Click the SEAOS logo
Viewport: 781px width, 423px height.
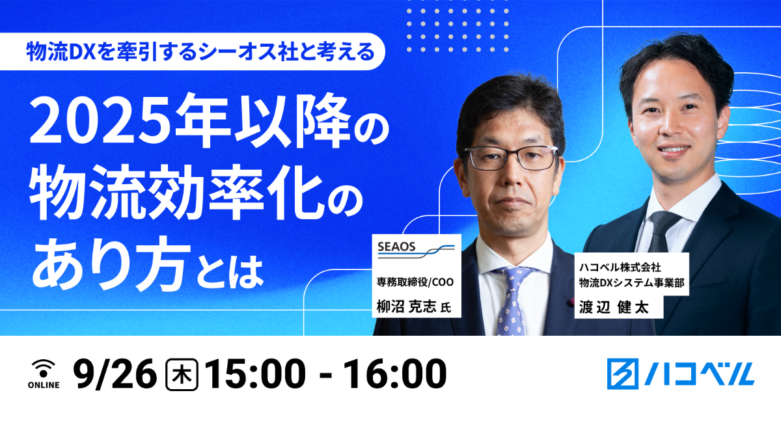click(x=416, y=250)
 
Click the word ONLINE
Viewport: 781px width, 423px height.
click(x=44, y=385)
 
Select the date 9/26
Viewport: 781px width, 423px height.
click(x=115, y=374)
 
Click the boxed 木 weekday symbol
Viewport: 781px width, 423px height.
click(x=182, y=375)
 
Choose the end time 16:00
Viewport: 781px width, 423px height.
click(x=394, y=374)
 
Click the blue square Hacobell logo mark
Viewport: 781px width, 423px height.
click(x=623, y=374)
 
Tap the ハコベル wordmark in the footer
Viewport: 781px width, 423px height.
click(x=699, y=374)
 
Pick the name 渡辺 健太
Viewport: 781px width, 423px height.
click(x=614, y=308)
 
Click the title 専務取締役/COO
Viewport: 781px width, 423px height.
click(x=415, y=282)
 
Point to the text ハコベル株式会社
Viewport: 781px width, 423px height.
click(x=620, y=267)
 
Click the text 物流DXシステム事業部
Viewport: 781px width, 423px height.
click(x=631, y=283)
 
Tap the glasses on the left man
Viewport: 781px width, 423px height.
click(x=512, y=158)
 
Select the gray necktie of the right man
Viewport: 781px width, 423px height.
click(x=661, y=231)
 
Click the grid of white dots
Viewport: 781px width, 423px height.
click(x=458, y=31)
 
